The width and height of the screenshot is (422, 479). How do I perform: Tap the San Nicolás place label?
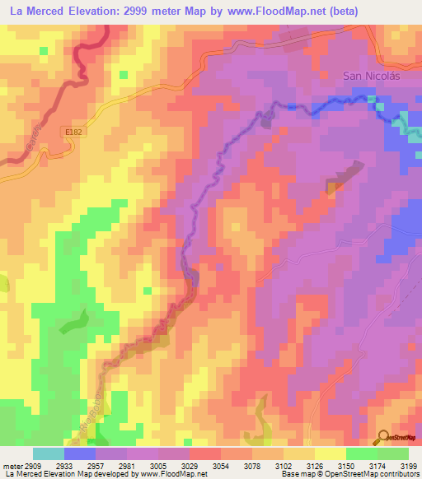372,76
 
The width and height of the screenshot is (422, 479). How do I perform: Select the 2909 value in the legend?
27,466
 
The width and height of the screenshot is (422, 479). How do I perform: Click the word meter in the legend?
9,466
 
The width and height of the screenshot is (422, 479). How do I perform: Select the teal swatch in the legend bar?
49,453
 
